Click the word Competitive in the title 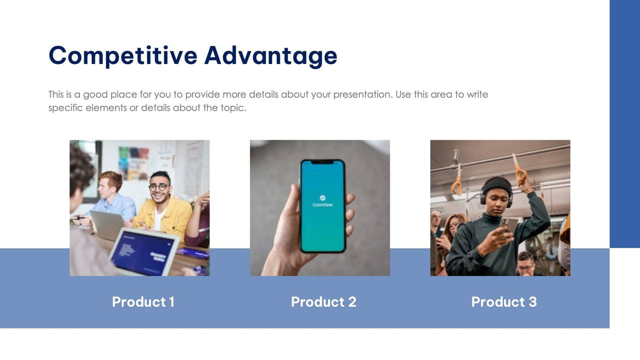point(123,55)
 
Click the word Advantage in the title point(270,55)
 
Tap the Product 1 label point(143,302)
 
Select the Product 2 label point(323,302)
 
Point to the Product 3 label point(504,302)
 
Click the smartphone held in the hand point(322,205)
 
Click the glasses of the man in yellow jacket point(158,187)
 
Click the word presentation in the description point(362,95)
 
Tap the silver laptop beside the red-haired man point(107,224)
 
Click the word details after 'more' point(263,95)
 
